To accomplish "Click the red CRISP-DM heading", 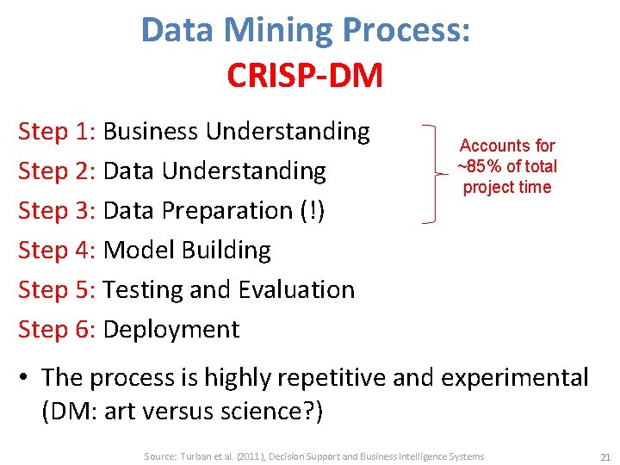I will (305, 76).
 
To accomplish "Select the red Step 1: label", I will (57, 132).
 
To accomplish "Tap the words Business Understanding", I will (236, 132).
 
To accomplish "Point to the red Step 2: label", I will (57, 171).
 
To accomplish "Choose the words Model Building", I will (187, 251).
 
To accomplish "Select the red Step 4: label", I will (57, 251).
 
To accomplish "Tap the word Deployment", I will (170, 330).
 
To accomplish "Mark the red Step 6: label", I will (57, 330).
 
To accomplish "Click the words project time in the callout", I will (507, 187).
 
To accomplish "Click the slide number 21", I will (604, 456).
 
